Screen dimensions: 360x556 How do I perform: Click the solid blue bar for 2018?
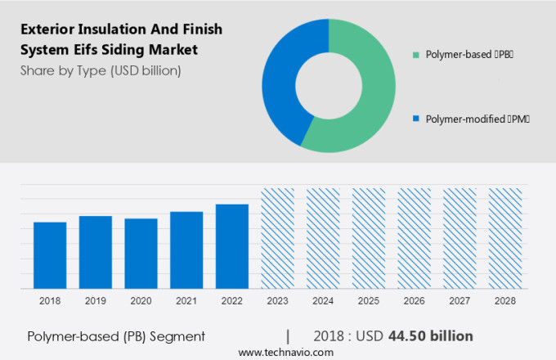coord(50,254)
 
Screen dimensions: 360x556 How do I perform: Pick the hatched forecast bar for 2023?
coord(278,238)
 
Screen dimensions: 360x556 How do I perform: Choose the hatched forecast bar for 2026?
coord(414,238)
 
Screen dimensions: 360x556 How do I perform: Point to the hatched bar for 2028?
coord(504,238)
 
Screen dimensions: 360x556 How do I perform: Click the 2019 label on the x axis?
coord(96,301)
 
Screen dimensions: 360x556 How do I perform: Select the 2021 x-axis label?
coord(186,301)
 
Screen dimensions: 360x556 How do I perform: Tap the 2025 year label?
coord(368,301)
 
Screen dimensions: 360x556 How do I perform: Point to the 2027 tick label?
coord(460,301)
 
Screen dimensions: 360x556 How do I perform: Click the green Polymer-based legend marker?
coord(416,55)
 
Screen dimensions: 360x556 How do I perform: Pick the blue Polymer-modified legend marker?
coord(416,119)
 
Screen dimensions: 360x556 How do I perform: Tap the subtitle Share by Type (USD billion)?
coord(101,70)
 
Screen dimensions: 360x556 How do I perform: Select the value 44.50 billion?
coord(432,336)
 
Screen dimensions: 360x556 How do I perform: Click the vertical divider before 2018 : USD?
coord(288,336)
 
